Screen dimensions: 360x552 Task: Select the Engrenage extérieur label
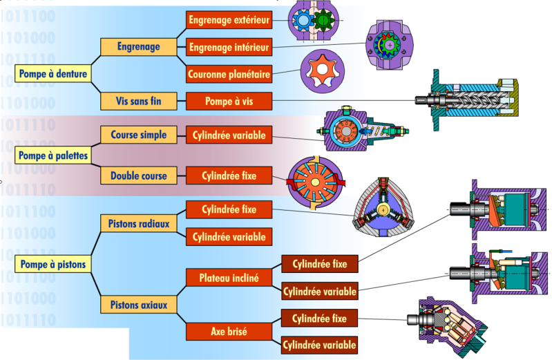[x=229, y=20]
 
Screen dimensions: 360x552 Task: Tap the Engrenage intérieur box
[x=229, y=47]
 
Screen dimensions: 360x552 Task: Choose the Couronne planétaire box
[x=229, y=73]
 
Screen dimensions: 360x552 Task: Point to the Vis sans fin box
[x=138, y=101]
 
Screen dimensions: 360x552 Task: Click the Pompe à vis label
[x=229, y=102]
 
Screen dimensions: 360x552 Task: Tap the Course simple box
[x=138, y=135]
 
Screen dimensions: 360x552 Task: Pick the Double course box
[x=138, y=176]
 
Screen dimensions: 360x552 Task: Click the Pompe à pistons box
[x=53, y=264]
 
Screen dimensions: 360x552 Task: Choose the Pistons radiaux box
[x=138, y=224]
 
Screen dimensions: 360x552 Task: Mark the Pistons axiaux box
[x=138, y=304]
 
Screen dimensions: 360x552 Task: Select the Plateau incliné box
[x=229, y=278]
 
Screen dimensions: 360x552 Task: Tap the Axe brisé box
[x=229, y=332]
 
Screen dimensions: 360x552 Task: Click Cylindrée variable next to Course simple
[x=229, y=135]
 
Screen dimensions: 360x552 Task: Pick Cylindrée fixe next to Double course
[x=229, y=176]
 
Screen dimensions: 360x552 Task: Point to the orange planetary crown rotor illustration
[x=323, y=70]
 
